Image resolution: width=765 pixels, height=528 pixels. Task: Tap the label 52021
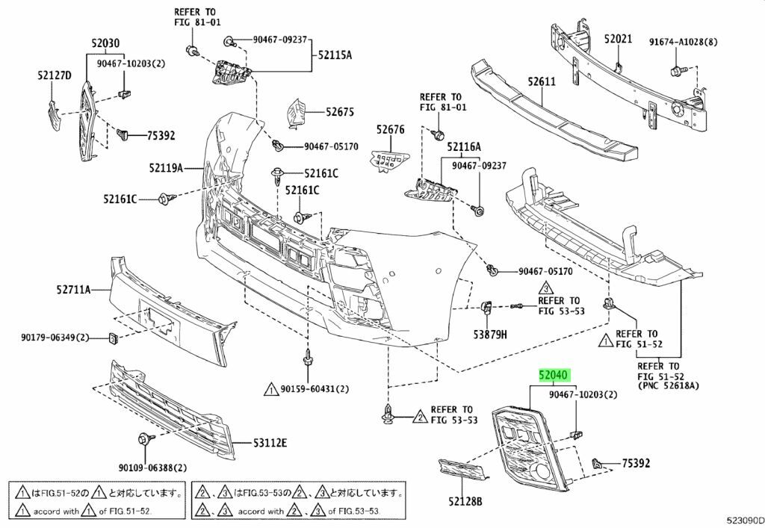click(618, 38)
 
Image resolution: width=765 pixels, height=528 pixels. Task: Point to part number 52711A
click(72, 289)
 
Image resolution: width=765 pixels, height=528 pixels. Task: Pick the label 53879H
click(489, 335)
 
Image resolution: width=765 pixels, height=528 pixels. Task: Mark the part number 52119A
click(165, 169)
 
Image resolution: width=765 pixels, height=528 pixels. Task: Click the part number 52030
click(106, 44)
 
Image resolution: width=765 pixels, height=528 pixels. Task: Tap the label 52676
click(389, 130)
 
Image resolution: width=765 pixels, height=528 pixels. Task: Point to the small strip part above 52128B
click(464, 470)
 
